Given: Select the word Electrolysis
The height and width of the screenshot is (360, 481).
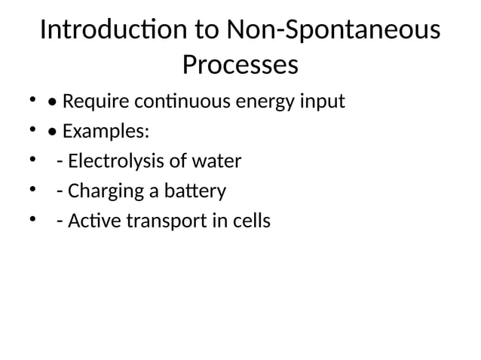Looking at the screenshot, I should (x=113, y=161).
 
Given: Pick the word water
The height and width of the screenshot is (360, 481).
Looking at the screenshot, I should (x=218, y=161).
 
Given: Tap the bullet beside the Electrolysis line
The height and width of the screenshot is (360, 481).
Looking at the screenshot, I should (x=32, y=160).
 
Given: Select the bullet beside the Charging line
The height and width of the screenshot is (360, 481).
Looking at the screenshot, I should (x=32, y=191).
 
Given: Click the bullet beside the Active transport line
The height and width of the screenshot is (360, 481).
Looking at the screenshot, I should (x=32, y=221).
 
